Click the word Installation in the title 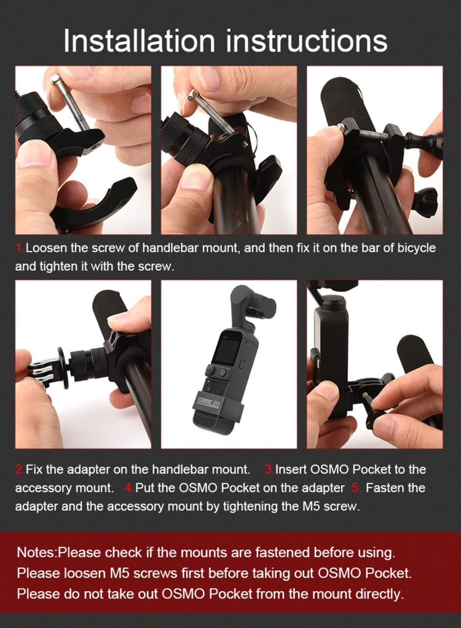pyautogui.click(x=140, y=41)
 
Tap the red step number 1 pyautogui.click(x=20, y=248)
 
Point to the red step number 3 pyautogui.click(x=269, y=469)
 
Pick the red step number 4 pyautogui.click(x=129, y=488)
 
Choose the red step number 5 pyautogui.click(x=357, y=488)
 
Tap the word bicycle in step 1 pyautogui.click(x=417, y=248)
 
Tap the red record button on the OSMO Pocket pyautogui.click(x=208, y=388)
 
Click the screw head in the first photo pyautogui.click(x=55, y=79)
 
